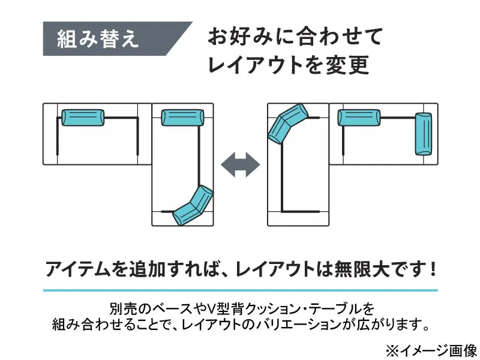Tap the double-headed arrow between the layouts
(240, 164)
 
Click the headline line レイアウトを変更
(288, 65)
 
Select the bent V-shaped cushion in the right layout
(287, 122)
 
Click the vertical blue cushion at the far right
(424, 134)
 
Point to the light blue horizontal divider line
(240, 290)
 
